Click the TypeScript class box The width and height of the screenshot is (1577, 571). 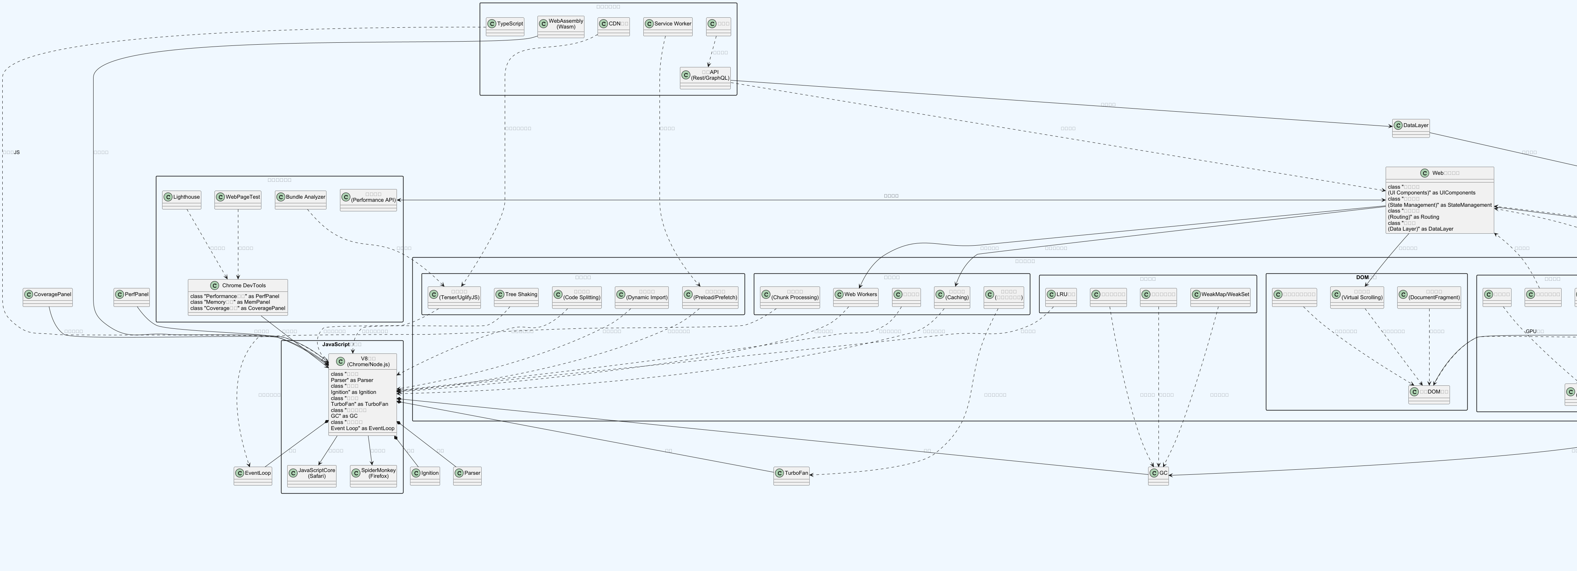505,26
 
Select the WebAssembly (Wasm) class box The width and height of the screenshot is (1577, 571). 561,26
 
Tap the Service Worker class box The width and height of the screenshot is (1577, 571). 668,26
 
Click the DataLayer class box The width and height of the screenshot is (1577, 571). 1411,128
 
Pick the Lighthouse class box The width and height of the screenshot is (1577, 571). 182,199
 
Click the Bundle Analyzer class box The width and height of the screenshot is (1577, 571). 301,199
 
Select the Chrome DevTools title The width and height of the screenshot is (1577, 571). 244,285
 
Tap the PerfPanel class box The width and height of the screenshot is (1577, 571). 132,297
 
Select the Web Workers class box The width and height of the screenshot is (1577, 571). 856,297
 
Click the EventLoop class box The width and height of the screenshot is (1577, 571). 253,476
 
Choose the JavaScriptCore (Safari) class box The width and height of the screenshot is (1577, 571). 311,476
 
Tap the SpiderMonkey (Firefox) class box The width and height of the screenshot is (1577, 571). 373,476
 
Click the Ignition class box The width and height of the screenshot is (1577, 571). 425,476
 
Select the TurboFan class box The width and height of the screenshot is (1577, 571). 792,476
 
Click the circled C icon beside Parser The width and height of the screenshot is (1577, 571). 459,473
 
